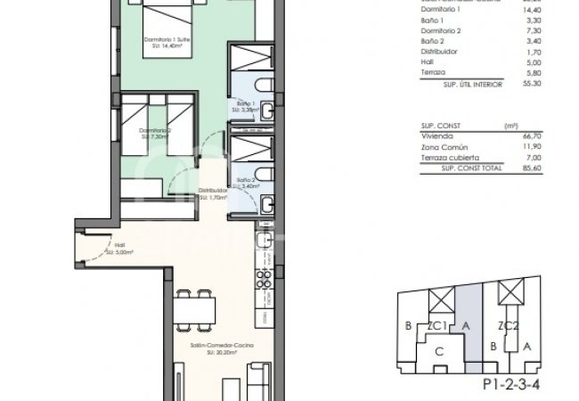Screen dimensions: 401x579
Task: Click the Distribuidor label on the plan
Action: click(x=213, y=191)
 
